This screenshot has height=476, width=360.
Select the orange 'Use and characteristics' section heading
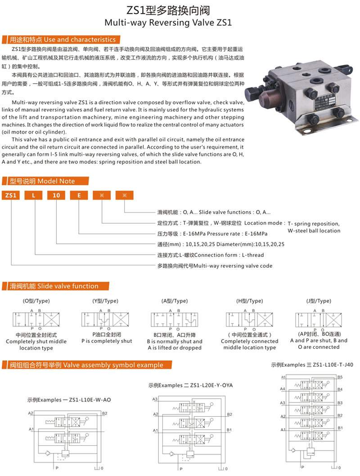click(63, 39)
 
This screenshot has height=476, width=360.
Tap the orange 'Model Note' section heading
click(43, 181)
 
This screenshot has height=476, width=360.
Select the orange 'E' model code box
click(79, 196)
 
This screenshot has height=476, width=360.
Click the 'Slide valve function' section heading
click(54, 286)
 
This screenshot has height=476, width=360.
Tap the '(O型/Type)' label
click(36, 301)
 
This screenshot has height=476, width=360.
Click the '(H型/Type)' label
click(249, 301)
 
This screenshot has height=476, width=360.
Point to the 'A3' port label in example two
click(155, 399)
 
